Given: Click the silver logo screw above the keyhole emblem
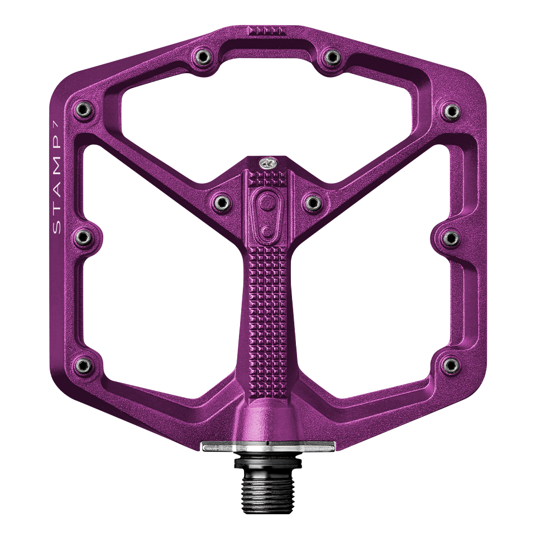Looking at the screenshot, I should pyautogui.click(x=267, y=164).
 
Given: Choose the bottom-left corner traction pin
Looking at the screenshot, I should pyautogui.click(x=83, y=366).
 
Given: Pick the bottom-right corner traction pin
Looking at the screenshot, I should pyautogui.click(x=451, y=366).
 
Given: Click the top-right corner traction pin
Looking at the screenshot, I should pyautogui.click(x=451, y=110).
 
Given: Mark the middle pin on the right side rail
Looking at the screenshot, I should pyautogui.click(x=451, y=238).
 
